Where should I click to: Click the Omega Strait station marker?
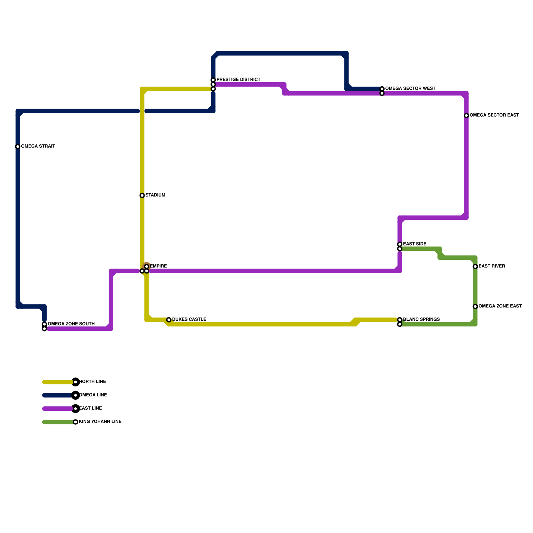click(x=18, y=147)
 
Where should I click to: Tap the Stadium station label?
click(x=155, y=195)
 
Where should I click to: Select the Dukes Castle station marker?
click(x=169, y=320)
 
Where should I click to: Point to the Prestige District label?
click(x=238, y=80)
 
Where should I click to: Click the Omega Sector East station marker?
click(x=466, y=116)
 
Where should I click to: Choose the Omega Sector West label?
click(x=410, y=89)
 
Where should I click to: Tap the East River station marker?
click(x=475, y=266)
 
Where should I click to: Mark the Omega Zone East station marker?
click(x=475, y=306)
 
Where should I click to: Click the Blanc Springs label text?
click(x=421, y=320)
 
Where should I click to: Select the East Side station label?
click(x=415, y=244)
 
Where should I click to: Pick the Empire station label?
click(x=159, y=266)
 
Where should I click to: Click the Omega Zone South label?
click(x=71, y=324)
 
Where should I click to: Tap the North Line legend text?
click(x=93, y=382)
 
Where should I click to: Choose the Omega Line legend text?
click(x=93, y=395)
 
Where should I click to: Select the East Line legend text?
click(x=91, y=408)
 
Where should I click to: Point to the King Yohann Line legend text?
click(x=100, y=422)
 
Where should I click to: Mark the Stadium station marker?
click(x=142, y=196)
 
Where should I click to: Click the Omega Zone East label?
click(x=500, y=306)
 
